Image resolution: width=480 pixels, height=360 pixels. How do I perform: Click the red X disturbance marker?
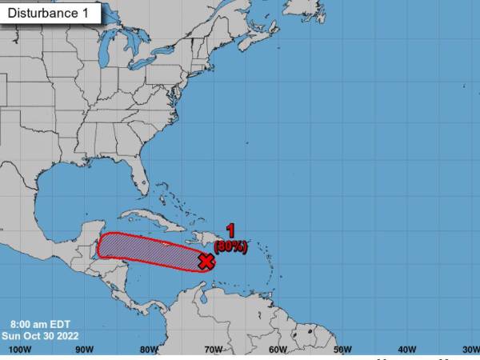206,261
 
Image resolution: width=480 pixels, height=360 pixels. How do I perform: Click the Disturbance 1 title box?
51,13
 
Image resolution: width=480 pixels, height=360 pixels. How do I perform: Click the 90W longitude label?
83,350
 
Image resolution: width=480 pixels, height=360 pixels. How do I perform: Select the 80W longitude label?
147,350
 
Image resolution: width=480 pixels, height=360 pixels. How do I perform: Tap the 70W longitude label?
212,350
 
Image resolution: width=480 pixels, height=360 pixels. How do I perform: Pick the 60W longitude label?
277,350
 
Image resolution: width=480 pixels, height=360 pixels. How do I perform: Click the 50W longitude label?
342,350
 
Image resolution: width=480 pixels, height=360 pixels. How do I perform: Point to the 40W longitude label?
406,350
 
